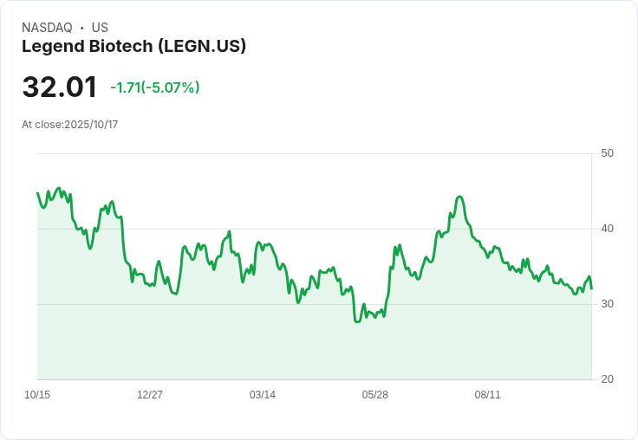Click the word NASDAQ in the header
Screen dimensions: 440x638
[x=47, y=28]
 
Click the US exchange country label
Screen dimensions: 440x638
[x=100, y=28]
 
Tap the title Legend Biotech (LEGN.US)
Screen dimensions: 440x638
[x=133, y=46]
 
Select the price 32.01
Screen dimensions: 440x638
[x=59, y=87]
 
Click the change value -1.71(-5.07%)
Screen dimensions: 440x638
[x=155, y=87]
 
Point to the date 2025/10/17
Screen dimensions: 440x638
[x=91, y=125]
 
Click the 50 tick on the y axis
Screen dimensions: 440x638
[x=607, y=153]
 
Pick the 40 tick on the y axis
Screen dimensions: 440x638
[x=607, y=229]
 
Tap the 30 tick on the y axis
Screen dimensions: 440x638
[x=607, y=304]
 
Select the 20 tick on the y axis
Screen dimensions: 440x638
[x=607, y=379]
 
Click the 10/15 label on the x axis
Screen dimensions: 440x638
[x=37, y=395]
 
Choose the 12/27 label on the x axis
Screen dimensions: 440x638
[x=150, y=395]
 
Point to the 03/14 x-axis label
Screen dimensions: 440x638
[x=263, y=395]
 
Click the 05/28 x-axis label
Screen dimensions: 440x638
[x=375, y=395]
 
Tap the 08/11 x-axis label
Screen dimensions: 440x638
[x=488, y=395]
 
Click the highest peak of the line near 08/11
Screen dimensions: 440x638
[x=459, y=197]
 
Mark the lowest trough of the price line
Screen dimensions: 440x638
[x=356, y=321]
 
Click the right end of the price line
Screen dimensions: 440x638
[x=591, y=288]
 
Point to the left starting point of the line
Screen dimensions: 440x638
[x=37, y=193]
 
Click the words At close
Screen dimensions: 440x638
[x=42, y=125]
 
